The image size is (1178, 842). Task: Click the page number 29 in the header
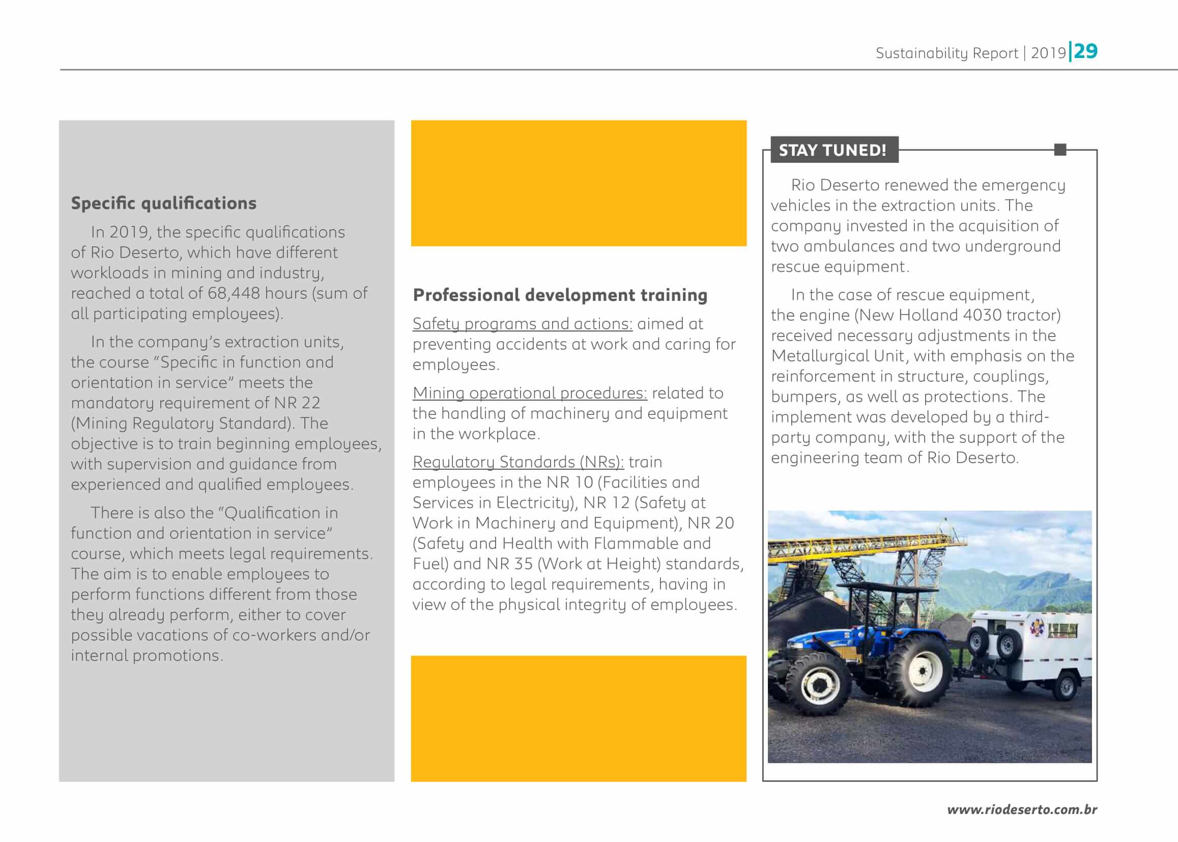[x=1086, y=51]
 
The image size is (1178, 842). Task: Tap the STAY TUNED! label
[x=832, y=150]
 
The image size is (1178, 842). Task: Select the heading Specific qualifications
[x=164, y=203]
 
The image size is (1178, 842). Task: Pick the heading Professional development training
[x=560, y=295]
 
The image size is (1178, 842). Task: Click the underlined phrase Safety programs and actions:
[x=523, y=324]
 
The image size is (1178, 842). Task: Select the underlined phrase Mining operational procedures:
[x=530, y=393]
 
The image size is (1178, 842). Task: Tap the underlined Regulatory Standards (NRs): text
[x=518, y=462]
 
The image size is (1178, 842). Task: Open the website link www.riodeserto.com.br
[x=1021, y=810]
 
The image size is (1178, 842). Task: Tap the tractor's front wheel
[x=818, y=685]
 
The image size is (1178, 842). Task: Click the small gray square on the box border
[x=1060, y=150]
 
